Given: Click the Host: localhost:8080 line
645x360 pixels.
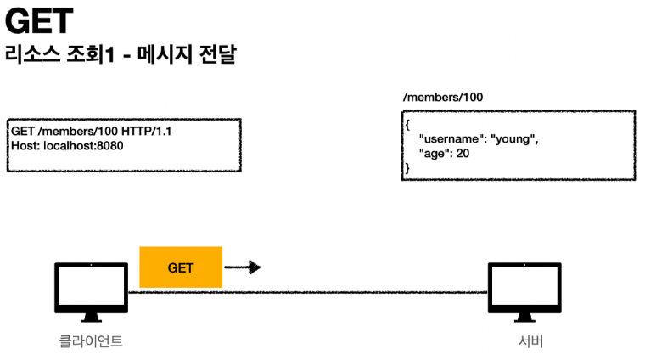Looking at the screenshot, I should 63,146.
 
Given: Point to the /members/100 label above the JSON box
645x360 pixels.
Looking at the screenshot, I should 443,98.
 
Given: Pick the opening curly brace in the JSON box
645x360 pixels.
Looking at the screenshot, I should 407,124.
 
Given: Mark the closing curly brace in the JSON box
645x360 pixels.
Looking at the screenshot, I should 407,169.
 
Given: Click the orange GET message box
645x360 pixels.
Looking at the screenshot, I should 180,267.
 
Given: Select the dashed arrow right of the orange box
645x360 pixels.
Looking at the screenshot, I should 242,267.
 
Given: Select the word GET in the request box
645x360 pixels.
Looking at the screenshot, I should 23,132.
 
